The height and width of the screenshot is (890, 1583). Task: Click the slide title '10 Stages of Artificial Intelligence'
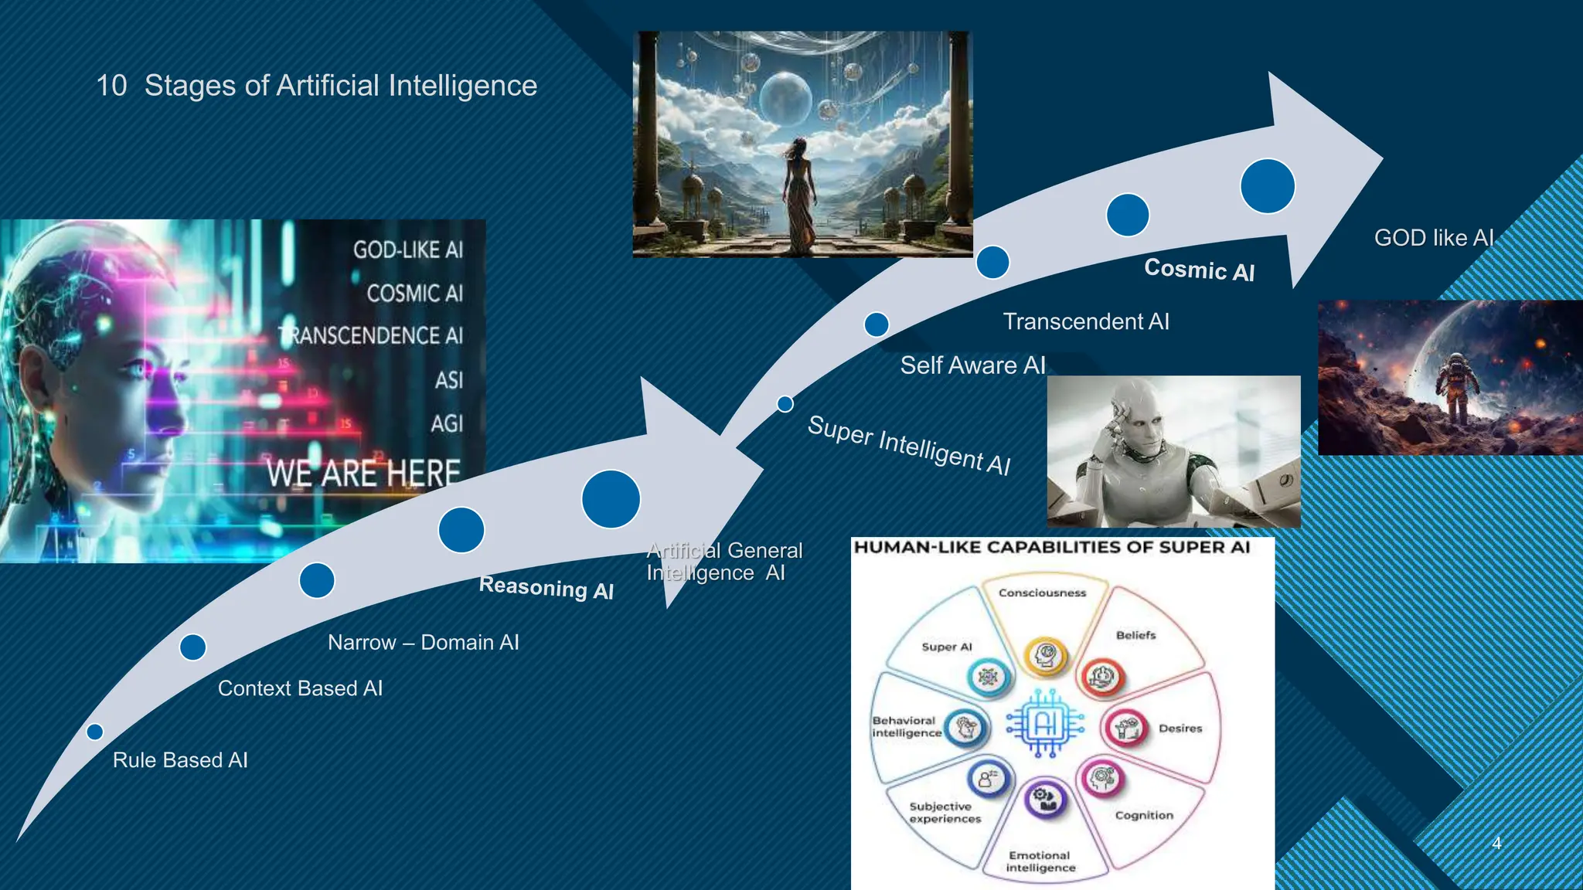[x=317, y=86]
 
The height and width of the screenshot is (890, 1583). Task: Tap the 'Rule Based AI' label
[x=180, y=760]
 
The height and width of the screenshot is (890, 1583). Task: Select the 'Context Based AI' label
[x=300, y=688]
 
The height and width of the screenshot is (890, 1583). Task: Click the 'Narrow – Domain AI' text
[x=423, y=643]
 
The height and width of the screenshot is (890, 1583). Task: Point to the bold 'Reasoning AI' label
[x=546, y=588]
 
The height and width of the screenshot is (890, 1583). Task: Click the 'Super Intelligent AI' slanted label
[x=909, y=446]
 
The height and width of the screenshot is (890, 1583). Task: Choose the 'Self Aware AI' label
[x=972, y=365]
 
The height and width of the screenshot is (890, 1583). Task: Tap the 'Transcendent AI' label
[x=1086, y=321]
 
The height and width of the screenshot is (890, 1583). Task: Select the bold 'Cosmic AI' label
[x=1199, y=270]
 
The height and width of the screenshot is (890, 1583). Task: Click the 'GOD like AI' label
[x=1434, y=238]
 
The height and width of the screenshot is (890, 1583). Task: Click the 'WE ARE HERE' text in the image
[x=363, y=473]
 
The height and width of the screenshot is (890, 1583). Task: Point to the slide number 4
[x=1496, y=843]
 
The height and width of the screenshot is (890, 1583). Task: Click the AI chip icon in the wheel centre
[x=1045, y=725]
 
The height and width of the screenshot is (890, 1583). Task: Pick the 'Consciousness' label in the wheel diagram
[x=1042, y=593]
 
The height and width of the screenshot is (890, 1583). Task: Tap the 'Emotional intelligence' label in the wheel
[x=1040, y=861]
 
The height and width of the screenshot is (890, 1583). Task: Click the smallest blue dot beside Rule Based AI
[x=95, y=732]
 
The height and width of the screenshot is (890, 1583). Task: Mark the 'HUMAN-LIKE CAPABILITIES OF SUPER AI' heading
[x=1051, y=548]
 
